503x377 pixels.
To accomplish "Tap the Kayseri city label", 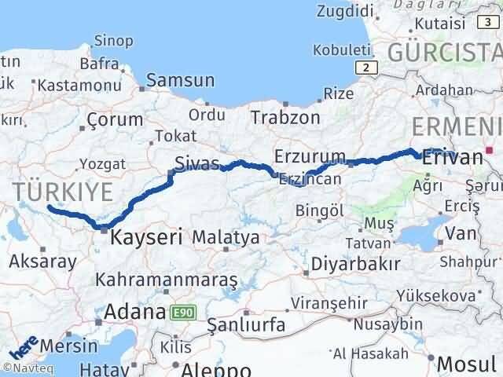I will [x=146, y=236].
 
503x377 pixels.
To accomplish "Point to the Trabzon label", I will [x=285, y=118].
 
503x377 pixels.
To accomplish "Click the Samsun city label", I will [x=181, y=80].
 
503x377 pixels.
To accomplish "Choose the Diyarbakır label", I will [x=355, y=262].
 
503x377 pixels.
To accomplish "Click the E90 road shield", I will [x=178, y=312].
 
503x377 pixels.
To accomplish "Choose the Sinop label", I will [x=112, y=40].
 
